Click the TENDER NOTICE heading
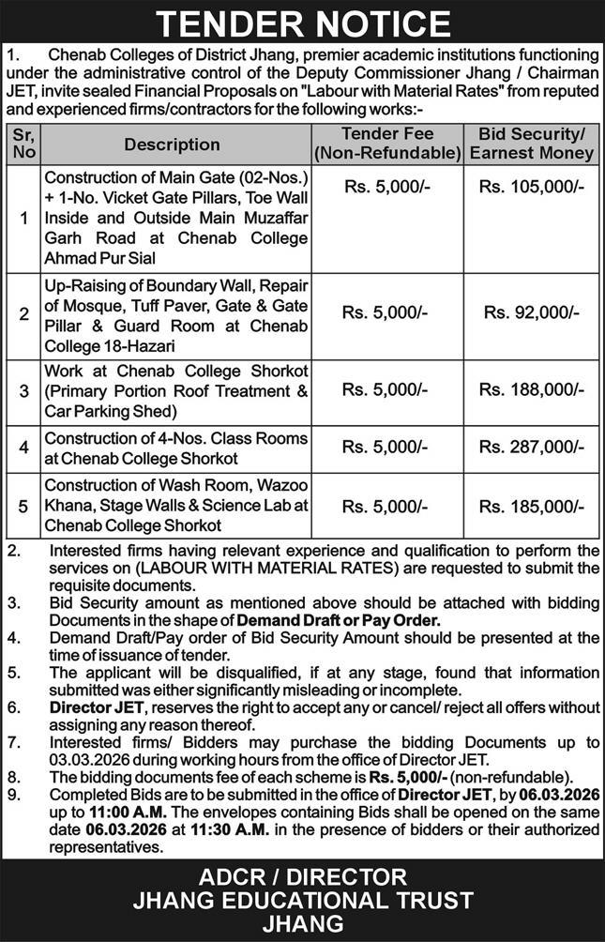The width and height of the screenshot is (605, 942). pos(302,23)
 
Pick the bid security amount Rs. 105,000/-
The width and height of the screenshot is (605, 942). pos(531,187)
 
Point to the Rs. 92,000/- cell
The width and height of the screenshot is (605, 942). pos(531,312)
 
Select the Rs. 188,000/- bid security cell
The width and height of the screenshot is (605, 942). pos(531,388)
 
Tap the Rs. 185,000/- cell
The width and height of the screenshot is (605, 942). pos(531,506)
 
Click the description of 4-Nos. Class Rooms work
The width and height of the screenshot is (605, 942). pos(176,448)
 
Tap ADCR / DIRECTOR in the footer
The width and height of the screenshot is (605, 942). pos(302,878)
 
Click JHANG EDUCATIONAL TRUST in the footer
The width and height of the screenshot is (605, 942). pos(302,901)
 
